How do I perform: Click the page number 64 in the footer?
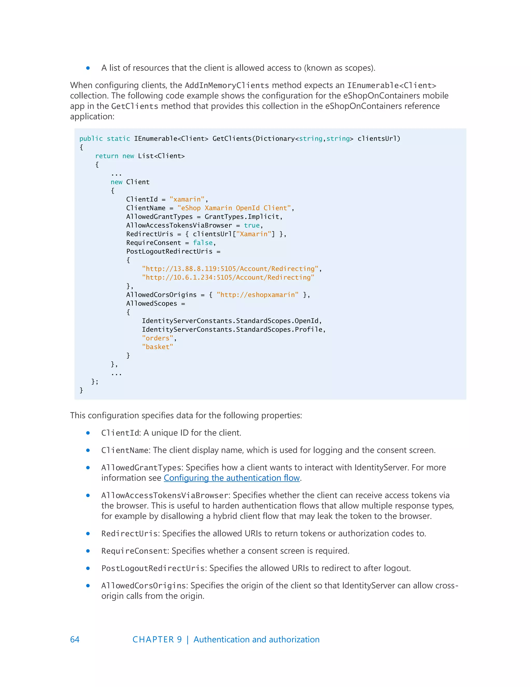tap(75, 640)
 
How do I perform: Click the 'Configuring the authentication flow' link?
tap(232, 478)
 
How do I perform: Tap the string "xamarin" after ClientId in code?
tap(187, 199)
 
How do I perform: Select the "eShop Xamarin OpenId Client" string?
tap(234, 208)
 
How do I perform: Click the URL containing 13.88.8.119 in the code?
tap(230, 269)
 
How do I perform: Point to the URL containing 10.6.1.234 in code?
tap(228, 277)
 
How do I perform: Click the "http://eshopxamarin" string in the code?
tap(257, 295)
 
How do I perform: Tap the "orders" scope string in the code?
tap(157, 338)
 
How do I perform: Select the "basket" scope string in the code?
tap(157, 347)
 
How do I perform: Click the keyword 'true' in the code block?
tap(252, 226)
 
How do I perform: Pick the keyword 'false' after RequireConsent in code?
tap(202, 243)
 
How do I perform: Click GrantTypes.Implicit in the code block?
tap(242, 217)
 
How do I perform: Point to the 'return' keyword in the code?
tap(107, 156)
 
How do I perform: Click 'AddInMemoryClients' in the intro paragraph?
tap(227, 86)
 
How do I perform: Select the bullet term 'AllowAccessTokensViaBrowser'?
tap(165, 495)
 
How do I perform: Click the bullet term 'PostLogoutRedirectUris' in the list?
tap(153, 569)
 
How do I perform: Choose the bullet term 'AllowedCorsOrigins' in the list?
tap(143, 586)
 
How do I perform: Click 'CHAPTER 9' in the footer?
tap(157, 640)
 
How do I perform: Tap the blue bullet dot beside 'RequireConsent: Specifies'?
tap(88, 551)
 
